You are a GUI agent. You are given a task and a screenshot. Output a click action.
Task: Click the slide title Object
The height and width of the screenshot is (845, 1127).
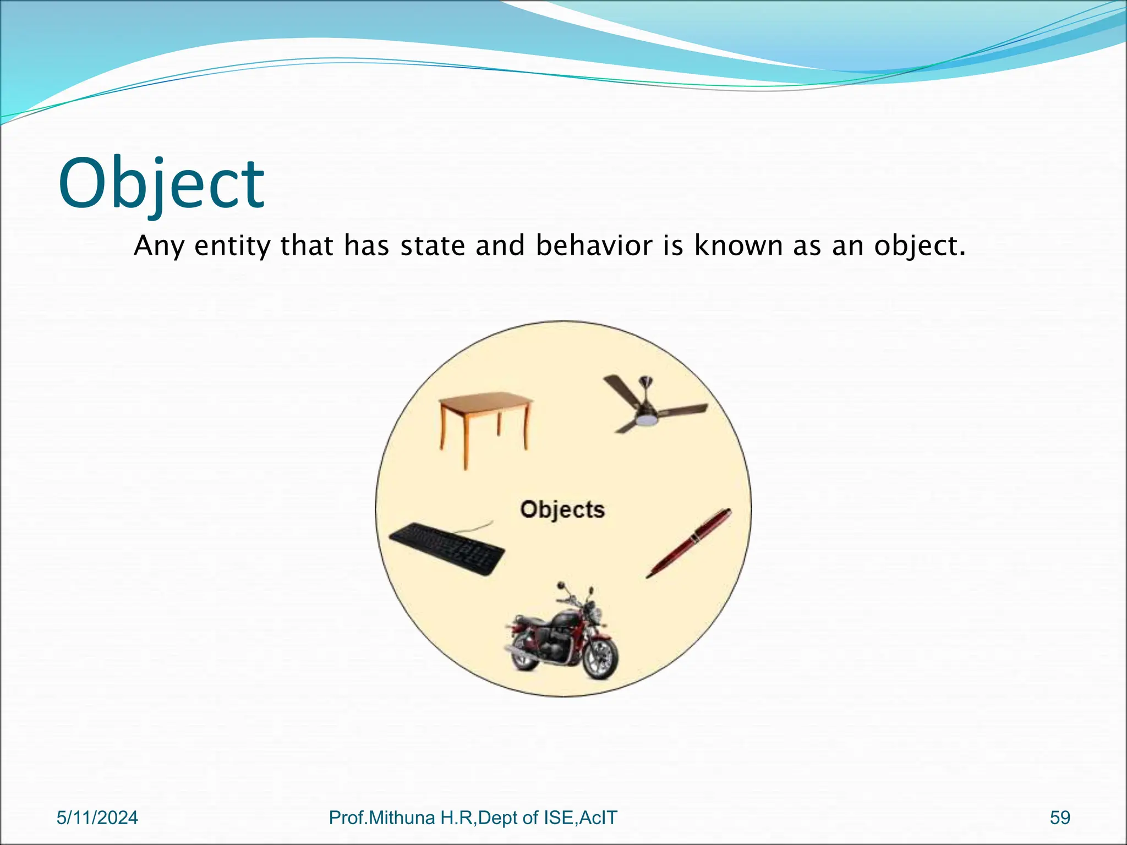point(161,184)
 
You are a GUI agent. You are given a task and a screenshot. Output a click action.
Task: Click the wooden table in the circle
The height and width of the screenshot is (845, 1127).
point(484,424)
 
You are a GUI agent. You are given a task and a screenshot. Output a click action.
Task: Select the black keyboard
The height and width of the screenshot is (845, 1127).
point(447,548)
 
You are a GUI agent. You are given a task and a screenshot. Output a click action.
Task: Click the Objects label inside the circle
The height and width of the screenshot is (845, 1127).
point(562,509)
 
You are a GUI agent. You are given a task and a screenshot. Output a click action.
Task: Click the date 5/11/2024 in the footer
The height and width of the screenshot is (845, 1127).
point(97,817)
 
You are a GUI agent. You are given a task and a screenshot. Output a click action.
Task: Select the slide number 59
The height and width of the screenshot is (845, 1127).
point(1060,817)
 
